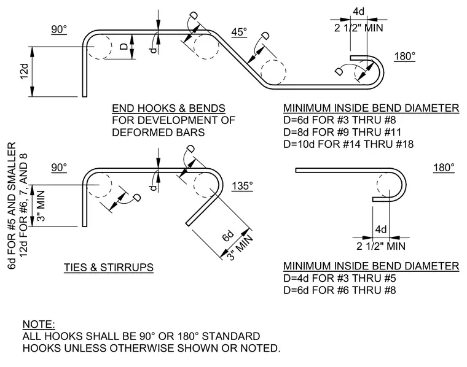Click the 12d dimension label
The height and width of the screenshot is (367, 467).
[x=24, y=71]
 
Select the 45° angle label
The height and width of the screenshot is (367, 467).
[x=239, y=32]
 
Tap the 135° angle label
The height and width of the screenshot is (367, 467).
[x=243, y=186]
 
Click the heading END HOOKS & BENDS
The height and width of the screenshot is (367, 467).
[x=168, y=108]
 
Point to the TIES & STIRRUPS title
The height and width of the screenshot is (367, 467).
[x=109, y=268]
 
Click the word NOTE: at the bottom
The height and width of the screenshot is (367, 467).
[x=39, y=324]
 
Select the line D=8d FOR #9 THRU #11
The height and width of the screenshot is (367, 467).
[x=342, y=132]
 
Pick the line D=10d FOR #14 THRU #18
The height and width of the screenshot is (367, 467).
[x=348, y=144]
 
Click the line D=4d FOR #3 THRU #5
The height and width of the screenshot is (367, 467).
[x=340, y=278]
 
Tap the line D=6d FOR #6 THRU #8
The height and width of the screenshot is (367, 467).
[x=340, y=290]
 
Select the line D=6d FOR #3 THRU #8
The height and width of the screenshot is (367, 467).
[x=340, y=120]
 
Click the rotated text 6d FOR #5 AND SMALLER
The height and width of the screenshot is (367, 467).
[x=11, y=206]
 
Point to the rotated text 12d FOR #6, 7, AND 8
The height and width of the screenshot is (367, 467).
[x=23, y=205]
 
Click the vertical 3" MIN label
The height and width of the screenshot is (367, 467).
[x=40, y=206]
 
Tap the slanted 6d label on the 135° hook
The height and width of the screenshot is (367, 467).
[x=228, y=236]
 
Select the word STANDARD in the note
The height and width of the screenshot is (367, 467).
[x=231, y=336]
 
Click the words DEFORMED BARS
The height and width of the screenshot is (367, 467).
[x=159, y=133]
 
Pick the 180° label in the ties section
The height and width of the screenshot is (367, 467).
[x=444, y=168]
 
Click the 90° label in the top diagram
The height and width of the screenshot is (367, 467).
[x=59, y=29]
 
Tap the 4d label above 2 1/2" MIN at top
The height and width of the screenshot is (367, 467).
[x=359, y=12]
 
